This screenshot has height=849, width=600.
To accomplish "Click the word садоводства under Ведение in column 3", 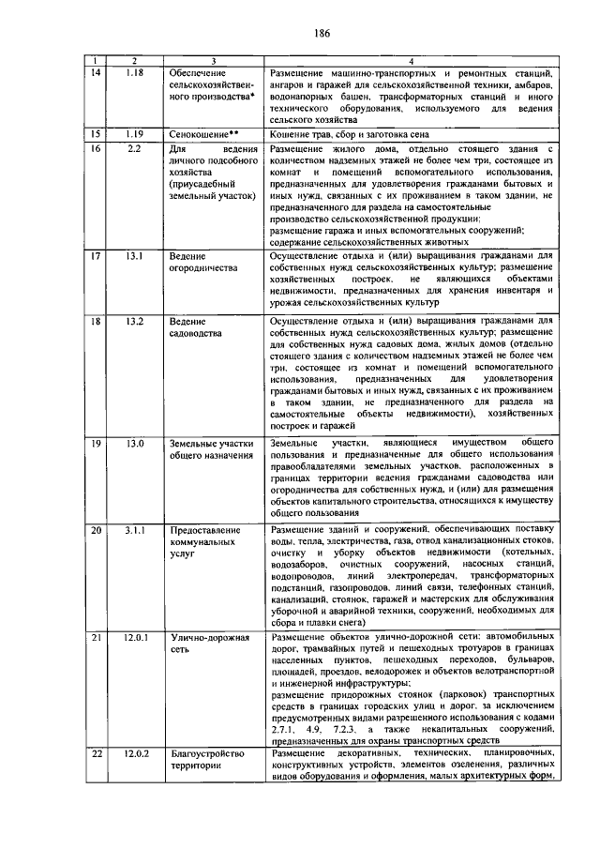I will [x=197, y=333].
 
